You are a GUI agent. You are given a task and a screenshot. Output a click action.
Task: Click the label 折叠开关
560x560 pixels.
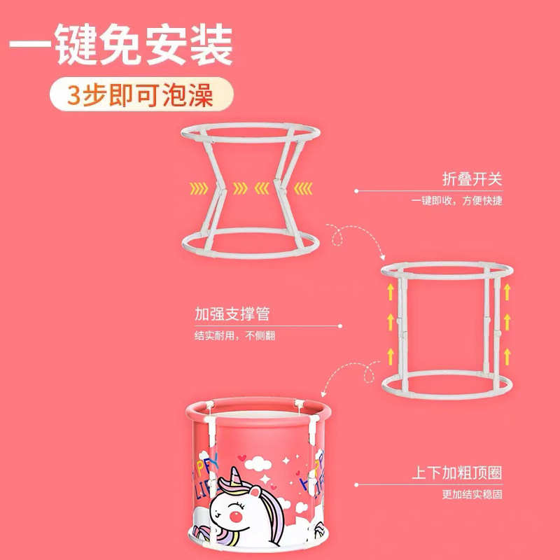pyautogui.click(x=472, y=179)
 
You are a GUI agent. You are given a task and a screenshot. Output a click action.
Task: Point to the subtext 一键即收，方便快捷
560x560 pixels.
pyautogui.click(x=456, y=202)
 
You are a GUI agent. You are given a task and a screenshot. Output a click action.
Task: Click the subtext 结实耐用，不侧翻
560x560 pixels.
pyautogui.click(x=234, y=335)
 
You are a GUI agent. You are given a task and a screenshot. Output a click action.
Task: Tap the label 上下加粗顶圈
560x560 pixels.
pyautogui.click(x=456, y=472)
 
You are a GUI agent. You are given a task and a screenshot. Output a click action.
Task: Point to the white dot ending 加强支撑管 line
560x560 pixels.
pyautogui.click(x=341, y=325)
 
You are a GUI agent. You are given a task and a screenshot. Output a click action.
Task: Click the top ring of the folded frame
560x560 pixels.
pyautogui.click(x=248, y=131)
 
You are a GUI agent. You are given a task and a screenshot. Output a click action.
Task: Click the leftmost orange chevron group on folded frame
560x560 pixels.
pyautogui.click(x=197, y=187)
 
